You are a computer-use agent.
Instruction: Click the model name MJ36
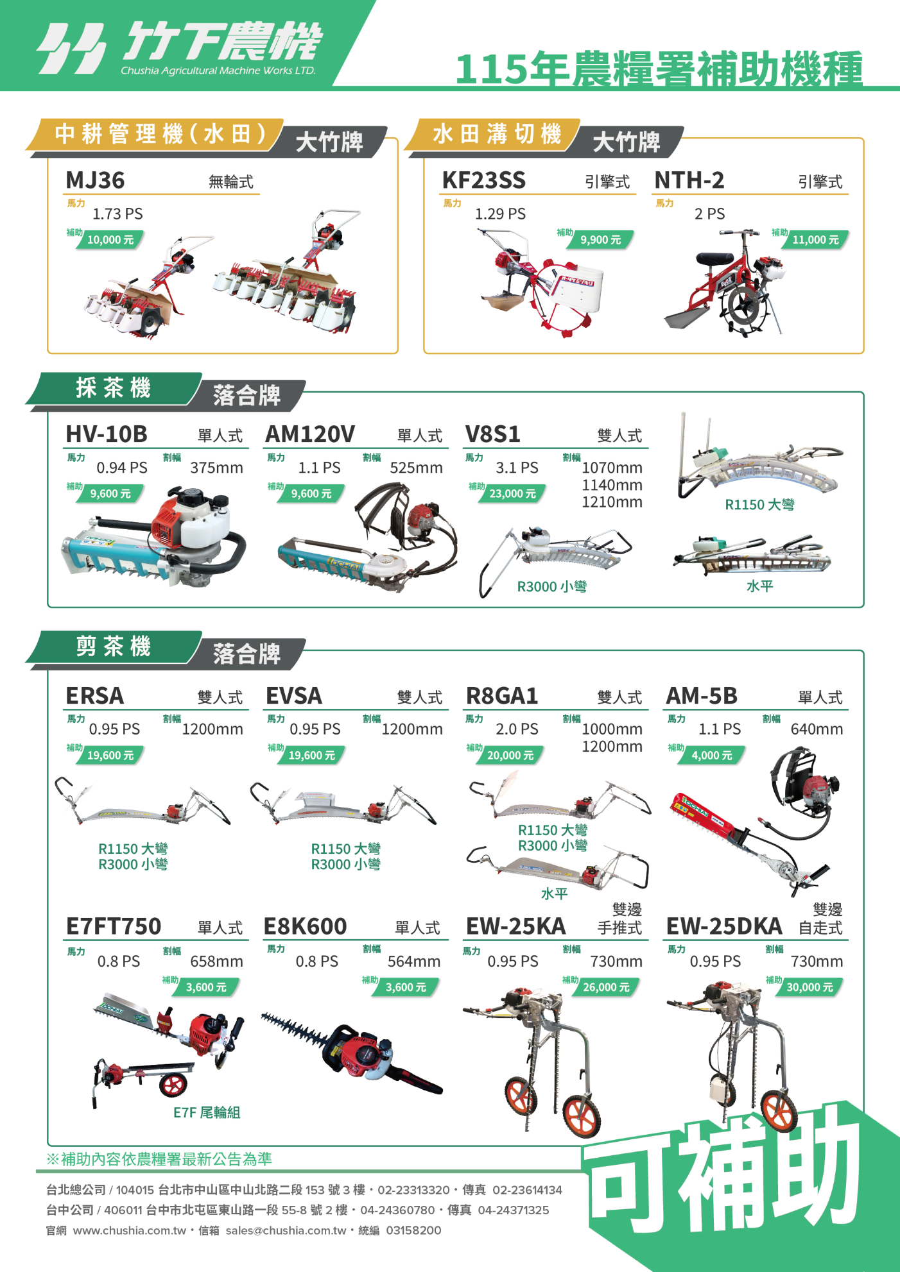pos(95,180)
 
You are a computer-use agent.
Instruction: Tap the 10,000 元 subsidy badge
pos(111,240)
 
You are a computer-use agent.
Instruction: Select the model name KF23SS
pos(484,180)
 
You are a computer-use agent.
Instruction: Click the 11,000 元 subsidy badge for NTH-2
pos(816,240)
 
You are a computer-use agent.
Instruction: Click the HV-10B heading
pos(107,434)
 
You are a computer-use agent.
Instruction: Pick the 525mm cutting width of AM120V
pos(416,468)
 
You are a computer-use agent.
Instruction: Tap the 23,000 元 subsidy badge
pos(512,493)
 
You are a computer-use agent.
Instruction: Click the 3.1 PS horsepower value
pos(517,468)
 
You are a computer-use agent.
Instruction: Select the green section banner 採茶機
pos(114,388)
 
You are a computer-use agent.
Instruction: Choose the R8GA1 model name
pos(502,695)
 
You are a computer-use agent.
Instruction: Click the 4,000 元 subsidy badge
pos(712,755)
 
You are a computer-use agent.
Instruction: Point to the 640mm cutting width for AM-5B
pos(817,729)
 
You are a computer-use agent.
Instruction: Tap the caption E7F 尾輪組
pos(207,1112)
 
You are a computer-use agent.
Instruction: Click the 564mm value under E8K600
pos(414,961)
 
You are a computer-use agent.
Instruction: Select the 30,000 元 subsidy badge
pos(809,987)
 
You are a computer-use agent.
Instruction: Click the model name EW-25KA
pos(516,926)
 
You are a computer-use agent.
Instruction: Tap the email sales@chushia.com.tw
pos(286,1230)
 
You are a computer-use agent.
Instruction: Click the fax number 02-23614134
pos(528,1190)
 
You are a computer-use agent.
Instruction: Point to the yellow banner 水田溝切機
pos(496,134)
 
